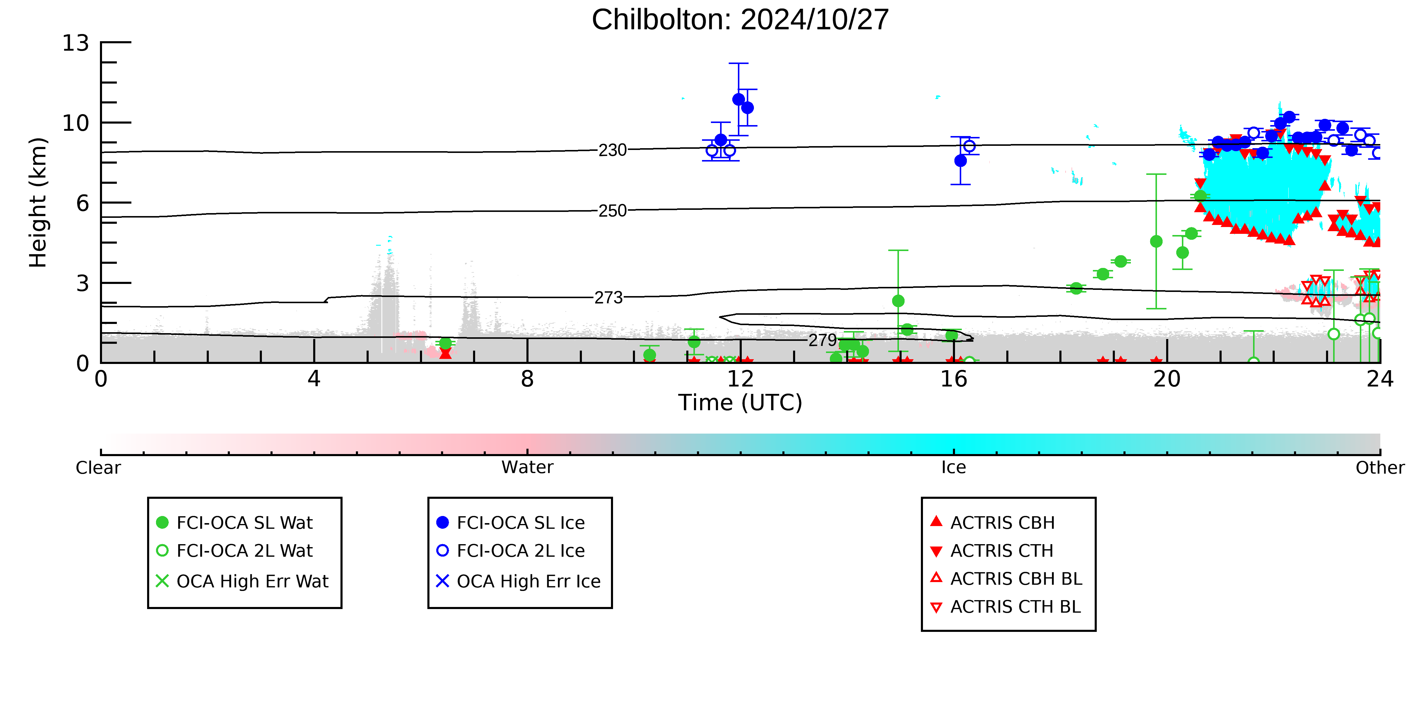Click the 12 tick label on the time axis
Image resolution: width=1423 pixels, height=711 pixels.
pos(740,379)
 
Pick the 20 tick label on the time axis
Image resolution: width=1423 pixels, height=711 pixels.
pos(1167,379)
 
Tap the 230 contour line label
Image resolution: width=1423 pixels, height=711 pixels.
pos(613,150)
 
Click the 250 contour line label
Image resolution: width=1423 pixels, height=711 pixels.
pos(613,211)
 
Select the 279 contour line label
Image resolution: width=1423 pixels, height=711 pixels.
pos(822,340)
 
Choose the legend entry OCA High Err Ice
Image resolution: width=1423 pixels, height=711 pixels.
pos(528,581)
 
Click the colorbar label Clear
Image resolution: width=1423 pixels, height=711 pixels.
pos(98,468)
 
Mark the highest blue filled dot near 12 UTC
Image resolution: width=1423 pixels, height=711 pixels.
pos(738,99)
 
